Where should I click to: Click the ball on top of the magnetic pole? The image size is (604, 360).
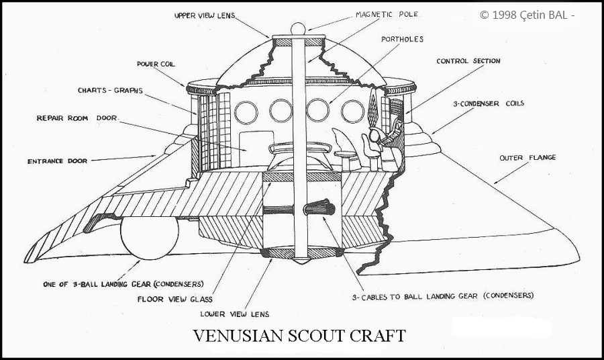(x=298, y=29)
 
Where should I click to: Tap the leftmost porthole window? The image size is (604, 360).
(x=246, y=113)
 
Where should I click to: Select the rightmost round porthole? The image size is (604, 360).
(x=352, y=111)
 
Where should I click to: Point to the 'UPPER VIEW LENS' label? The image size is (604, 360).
(x=205, y=16)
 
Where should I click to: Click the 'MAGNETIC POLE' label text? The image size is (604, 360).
(x=387, y=15)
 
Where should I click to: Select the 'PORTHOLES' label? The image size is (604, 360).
(x=402, y=40)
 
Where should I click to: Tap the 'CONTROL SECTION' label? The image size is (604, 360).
(x=468, y=61)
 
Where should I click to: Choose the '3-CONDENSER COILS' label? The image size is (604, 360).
(x=489, y=103)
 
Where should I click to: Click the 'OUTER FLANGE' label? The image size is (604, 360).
(x=527, y=158)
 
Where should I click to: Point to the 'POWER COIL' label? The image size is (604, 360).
(x=156, y=64)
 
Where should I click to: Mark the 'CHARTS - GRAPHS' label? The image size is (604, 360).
(x=110, y=91)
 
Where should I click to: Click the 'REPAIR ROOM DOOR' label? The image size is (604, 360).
(x=77, y=118)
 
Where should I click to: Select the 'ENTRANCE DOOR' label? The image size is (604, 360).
(x=58, y=161)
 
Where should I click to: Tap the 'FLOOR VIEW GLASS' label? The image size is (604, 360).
(x=175, y=299)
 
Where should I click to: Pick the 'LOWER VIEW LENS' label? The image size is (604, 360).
(x=235, y=314)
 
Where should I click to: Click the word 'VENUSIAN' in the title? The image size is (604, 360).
(x=238, y=336)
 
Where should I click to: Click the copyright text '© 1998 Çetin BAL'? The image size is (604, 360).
(x=527, y=15)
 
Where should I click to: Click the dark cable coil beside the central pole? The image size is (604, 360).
(x=319, y=208)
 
